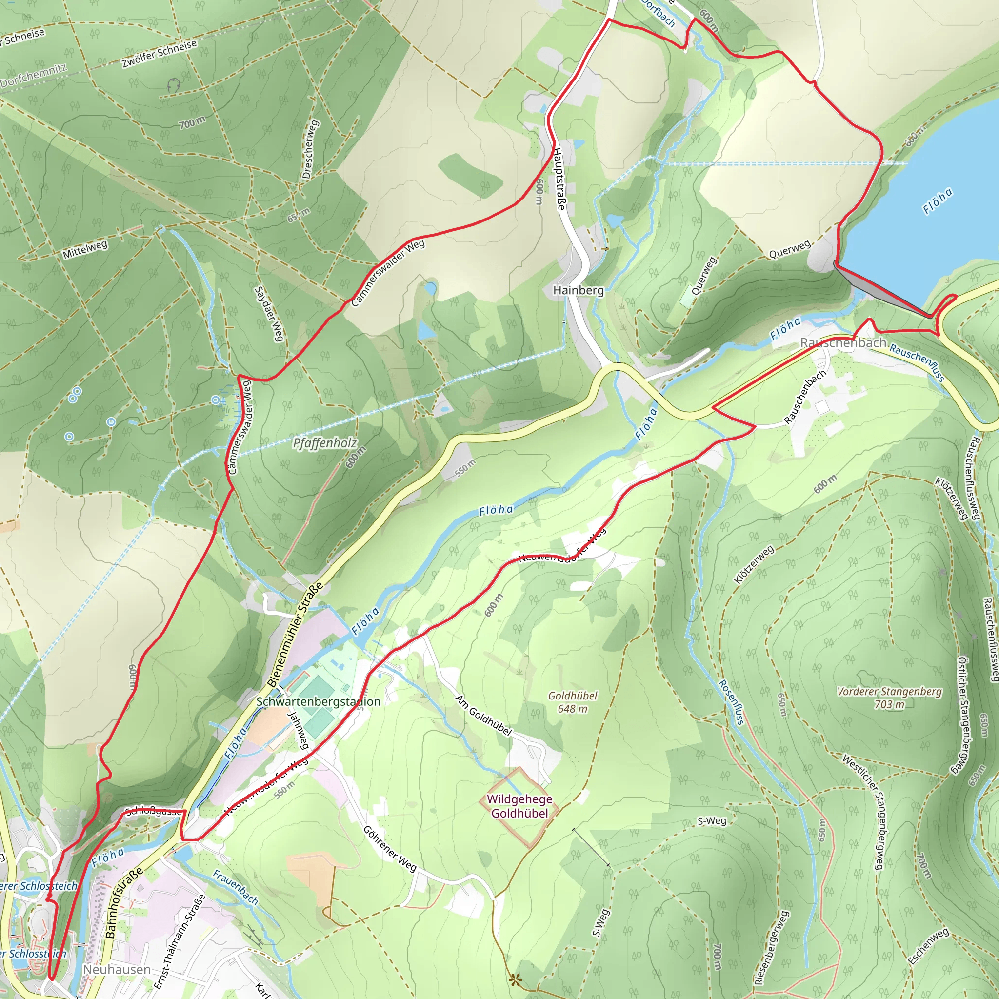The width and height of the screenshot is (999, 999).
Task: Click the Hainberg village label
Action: (x=578, y=290)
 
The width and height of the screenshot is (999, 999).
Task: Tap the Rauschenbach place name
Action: (x=843, y=342)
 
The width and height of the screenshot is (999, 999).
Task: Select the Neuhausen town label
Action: (x=117, y=970)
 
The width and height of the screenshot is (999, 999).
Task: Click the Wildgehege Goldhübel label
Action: (x=519, y=806)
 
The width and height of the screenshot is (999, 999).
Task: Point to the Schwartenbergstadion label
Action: (x=318, y=701)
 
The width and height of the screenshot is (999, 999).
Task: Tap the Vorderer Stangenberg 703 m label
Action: (x=889, y=698)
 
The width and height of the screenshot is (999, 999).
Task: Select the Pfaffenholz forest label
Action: (x=324, y=443)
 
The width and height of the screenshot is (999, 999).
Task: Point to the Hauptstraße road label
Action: (x=559, y=179)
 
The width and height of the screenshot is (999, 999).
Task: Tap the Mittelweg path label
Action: (x=85, y=249)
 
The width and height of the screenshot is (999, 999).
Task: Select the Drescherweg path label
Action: (x=310, y=149)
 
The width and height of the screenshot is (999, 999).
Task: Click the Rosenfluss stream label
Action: (x=732, y=702)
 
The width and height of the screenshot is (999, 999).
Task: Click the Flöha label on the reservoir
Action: (x=938, y=201)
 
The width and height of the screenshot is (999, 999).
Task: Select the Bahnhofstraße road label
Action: (x=123, y=903)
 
